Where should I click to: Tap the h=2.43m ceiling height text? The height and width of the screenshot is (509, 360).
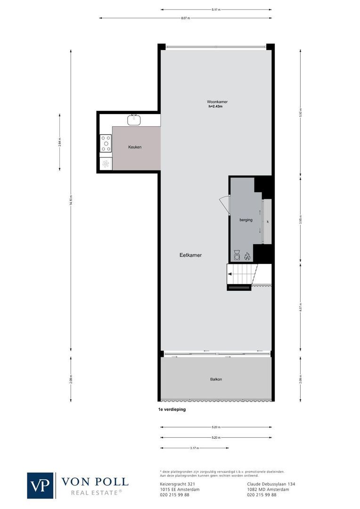215,107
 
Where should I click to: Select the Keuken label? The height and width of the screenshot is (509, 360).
135,147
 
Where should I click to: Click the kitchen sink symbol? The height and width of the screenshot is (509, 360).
135,118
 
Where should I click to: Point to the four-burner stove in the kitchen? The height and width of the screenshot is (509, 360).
106,143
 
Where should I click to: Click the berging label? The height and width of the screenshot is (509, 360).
245,220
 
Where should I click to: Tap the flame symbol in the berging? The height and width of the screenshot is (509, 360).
247,256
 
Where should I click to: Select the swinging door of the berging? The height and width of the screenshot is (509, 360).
224,205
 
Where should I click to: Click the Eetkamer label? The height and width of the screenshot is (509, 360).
190,255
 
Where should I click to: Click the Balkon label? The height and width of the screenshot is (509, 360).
216,379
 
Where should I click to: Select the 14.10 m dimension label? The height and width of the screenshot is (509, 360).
71,201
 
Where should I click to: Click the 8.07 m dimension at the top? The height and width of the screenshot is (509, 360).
185,18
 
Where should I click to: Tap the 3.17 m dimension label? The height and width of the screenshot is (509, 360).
193,448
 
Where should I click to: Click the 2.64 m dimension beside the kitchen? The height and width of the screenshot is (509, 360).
59,142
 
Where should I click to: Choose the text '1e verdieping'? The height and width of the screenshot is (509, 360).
172,410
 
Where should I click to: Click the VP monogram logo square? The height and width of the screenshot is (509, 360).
41,485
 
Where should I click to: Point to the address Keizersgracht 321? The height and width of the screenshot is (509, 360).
175,484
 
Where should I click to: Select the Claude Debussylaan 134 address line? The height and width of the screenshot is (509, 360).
271,484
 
